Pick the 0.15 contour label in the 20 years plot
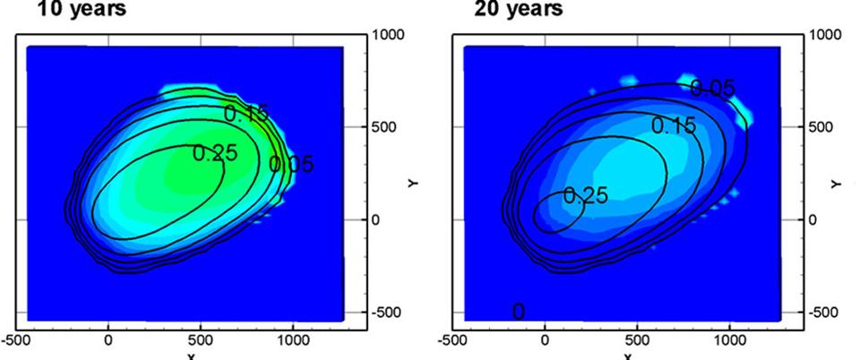click(673, 125)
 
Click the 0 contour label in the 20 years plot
click(518, 311)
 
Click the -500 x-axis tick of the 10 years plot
click(16, 340)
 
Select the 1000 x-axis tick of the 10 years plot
click(292, 340)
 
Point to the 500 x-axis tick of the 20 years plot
click(637, 340)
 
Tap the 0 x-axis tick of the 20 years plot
click(545, 340)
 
